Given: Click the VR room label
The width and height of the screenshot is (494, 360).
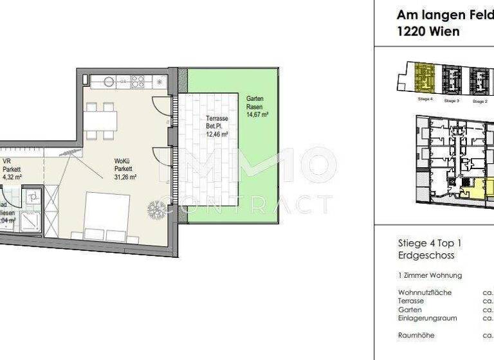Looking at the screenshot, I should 7,162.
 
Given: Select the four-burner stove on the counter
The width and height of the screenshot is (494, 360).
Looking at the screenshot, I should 138,82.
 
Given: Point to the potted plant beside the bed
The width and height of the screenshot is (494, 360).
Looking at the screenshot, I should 156,210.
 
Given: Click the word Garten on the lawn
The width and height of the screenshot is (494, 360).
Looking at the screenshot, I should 255,98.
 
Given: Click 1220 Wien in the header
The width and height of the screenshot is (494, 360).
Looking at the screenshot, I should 428,32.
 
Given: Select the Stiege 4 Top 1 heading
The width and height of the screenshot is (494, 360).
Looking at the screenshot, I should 430,244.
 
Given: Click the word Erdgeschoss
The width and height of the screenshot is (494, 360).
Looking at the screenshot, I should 426,255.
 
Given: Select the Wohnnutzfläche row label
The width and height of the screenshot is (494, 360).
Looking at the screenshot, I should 425,292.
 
